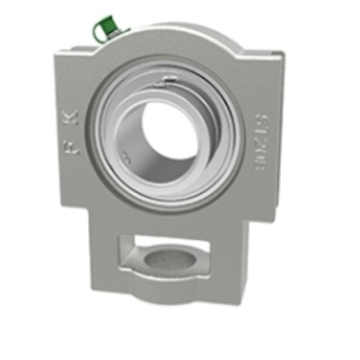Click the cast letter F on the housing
point(71,147)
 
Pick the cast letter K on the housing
point(74,117)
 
